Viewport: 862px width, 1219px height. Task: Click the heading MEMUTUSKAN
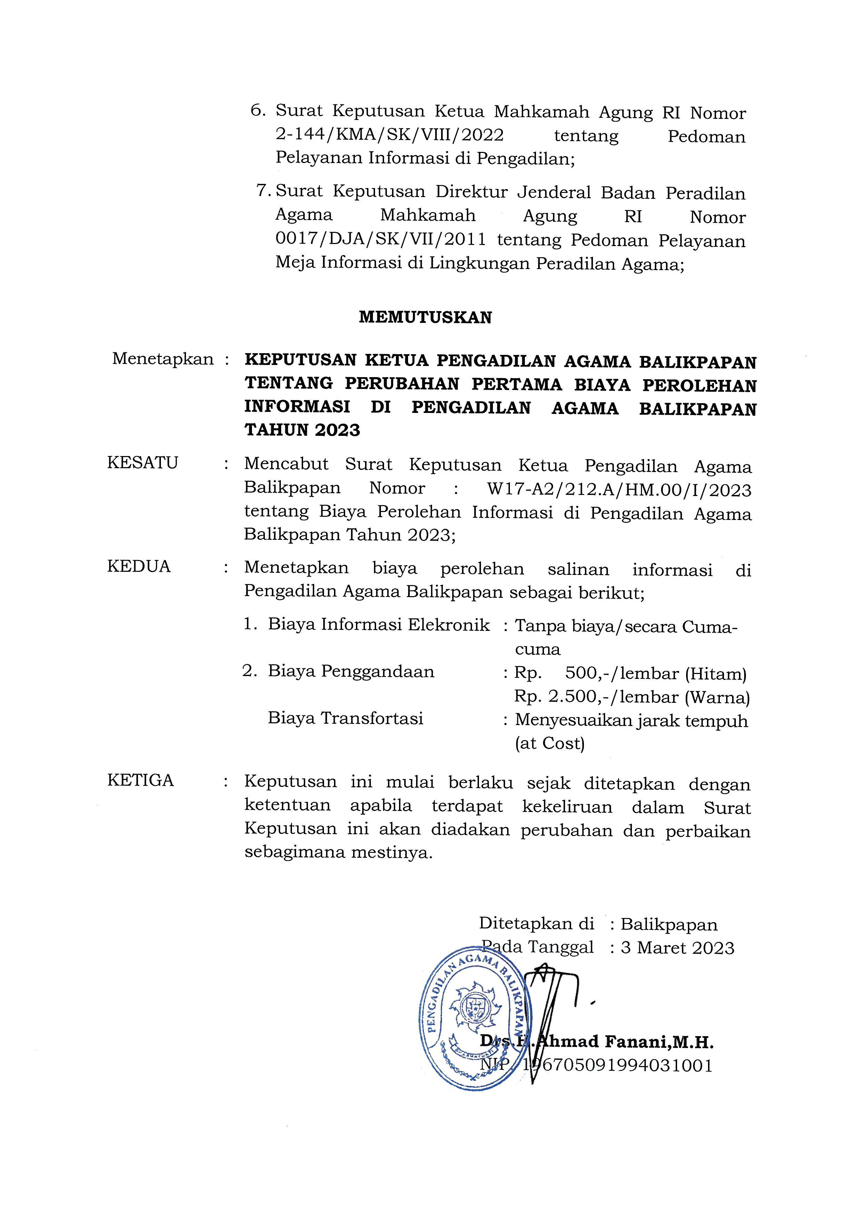pyautogui.click(x=425, y=317)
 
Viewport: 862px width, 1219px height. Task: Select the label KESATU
pyautogui.click(x=142, y=463)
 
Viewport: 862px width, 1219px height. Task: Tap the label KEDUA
pyautogui.click(x=139, y=567)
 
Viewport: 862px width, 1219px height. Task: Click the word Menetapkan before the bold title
pyautogui.click(x=162, y=359)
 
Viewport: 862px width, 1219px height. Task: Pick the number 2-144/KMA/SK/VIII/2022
pyautogui.click(x=390, y=135)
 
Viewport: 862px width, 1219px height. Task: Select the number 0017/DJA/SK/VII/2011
pyautogui.click(x=381, y=239)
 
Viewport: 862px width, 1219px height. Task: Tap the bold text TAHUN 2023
pyautogui.click(x=302, y=430)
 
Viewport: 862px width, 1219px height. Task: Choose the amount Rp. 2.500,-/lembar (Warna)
pyautogui.click(x=632, y=697)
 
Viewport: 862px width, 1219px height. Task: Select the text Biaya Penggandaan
pyautogui.click(x=351, y=672)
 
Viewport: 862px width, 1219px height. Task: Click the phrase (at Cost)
pyautogui.click(x=550, y=743)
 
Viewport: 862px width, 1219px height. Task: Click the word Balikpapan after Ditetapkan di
pyautogui.click(x=669, y=924)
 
